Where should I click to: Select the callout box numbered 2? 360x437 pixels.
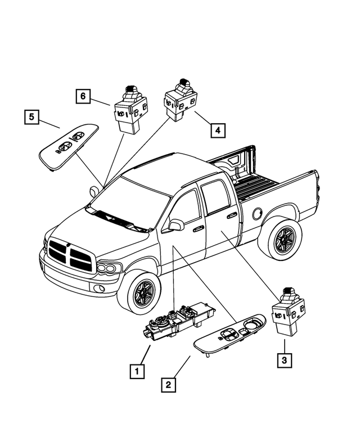(x=167, y=385)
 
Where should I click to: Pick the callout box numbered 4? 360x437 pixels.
(x=218, y=130)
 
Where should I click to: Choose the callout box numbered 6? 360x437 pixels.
(x=83, y=96)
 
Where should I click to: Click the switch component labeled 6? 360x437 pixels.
(x=130, y=106)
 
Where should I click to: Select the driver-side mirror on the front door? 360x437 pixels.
(x=175, y=225)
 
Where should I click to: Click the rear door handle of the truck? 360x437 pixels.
(x=231, y=215)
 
